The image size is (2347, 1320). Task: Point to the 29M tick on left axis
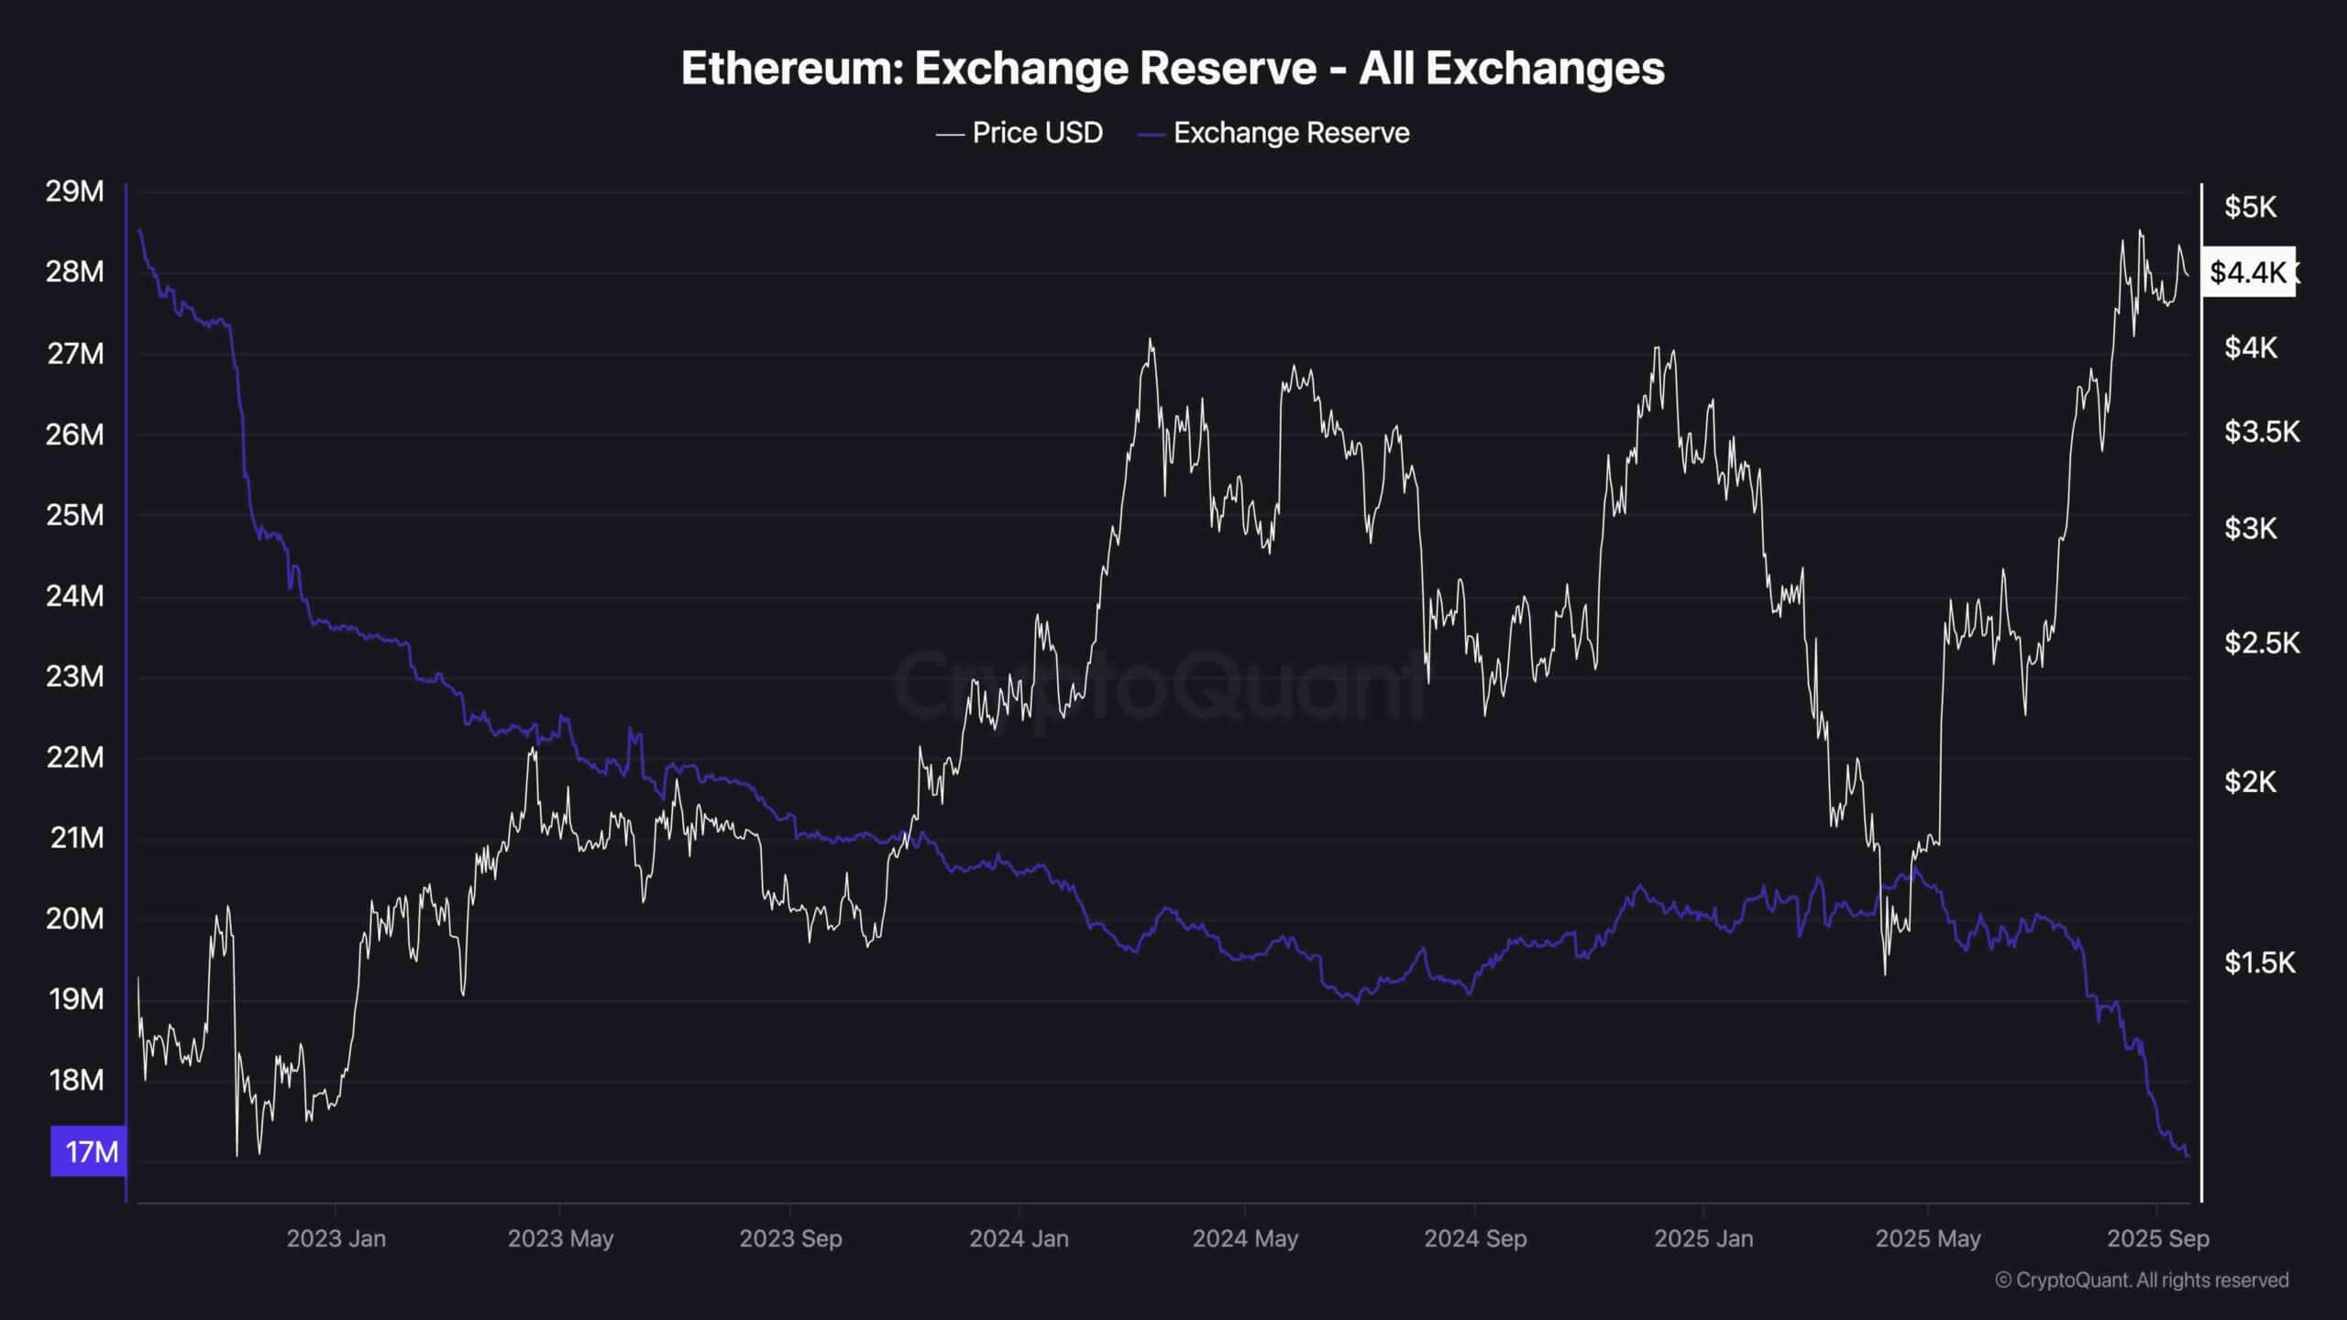74,192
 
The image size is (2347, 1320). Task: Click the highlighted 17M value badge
89,1151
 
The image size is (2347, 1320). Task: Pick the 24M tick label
74,596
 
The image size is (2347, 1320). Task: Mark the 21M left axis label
76,838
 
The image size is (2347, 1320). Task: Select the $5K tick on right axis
2249,207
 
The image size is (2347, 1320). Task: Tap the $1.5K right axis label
2259,962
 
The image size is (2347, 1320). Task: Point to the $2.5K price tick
2261,643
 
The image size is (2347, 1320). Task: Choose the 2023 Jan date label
336,1238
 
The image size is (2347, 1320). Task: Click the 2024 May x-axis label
1244,1238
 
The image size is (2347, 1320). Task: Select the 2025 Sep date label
2157,1238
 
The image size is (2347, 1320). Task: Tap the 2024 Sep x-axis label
1474,1238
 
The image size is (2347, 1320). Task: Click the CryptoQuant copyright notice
2142,1280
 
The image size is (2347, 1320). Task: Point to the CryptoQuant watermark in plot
1160,683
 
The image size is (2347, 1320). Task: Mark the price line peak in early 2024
1150,340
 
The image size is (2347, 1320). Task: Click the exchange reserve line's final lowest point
2187,1156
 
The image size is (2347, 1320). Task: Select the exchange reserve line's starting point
138,230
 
